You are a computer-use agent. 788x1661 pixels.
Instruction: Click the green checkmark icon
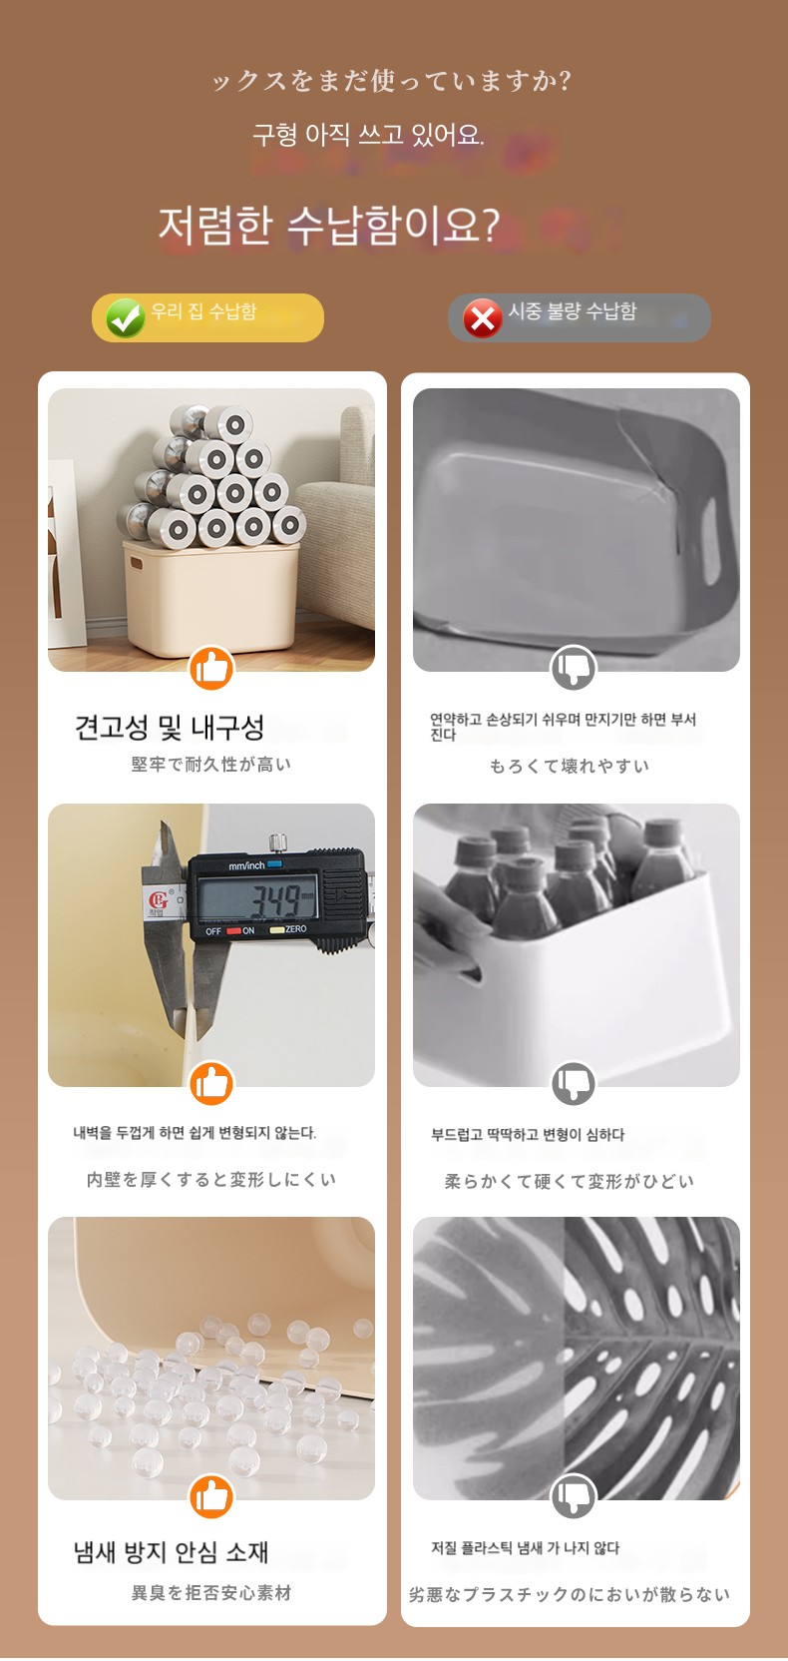tap(126, 318)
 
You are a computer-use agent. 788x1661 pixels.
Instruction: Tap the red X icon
tap(483, 318)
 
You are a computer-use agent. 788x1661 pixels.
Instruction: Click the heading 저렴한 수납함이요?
tap(329, 226)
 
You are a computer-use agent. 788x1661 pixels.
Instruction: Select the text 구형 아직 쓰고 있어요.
tap(368, 135)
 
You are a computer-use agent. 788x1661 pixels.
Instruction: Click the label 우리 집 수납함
tap(203, 310)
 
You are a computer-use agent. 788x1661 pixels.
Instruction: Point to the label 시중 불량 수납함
tap(573, 310)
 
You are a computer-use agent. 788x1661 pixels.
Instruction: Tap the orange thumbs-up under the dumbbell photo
tap(211, 668)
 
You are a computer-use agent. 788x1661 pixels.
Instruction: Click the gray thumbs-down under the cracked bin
tap(574, 668)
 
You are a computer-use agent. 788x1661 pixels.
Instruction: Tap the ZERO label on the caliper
tap(296, 929)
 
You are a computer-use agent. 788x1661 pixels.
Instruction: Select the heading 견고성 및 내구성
tap(170, 728)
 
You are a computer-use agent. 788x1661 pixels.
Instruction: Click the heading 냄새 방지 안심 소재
tap(172, 1552)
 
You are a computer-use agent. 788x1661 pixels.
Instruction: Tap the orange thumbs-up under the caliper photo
tap(211, 1083)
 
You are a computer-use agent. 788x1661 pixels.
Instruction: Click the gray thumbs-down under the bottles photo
tap(574, 1083)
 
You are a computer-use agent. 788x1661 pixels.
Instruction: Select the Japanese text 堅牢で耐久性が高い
tap(211, 765)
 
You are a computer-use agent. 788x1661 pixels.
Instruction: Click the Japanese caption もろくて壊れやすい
tap(570, 766)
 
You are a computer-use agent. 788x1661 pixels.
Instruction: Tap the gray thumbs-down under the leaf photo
tap(574, 1495)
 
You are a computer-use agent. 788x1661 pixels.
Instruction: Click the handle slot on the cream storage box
tap(137, 563)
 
